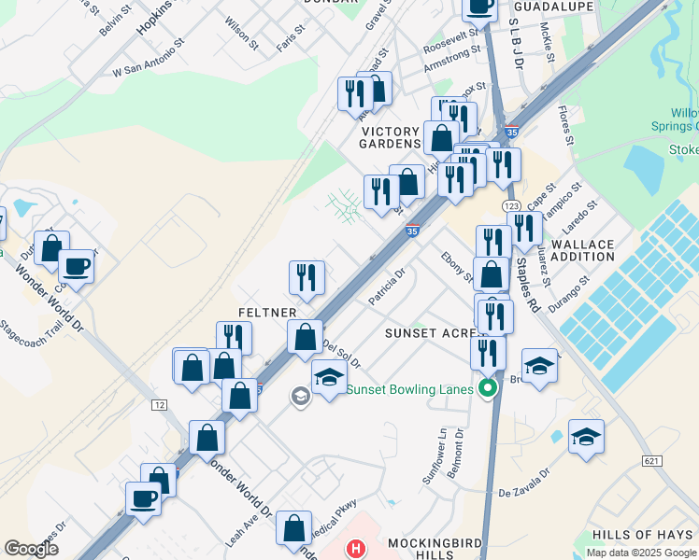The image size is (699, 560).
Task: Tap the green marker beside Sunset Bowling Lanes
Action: tap(487, 388)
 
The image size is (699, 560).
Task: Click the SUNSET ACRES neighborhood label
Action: tap(432, 333)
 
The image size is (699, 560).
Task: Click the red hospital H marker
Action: tap(355, 549)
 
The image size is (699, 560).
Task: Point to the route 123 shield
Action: tap(510, 205)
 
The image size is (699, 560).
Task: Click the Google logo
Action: tap(31, 548)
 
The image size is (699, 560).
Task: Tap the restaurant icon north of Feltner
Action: tap(307, 276)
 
